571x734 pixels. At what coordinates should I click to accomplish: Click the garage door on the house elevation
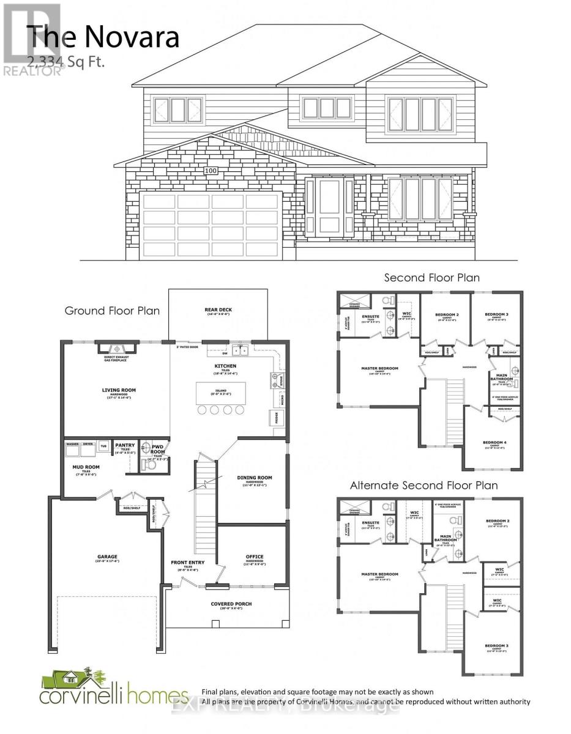click(211, 223)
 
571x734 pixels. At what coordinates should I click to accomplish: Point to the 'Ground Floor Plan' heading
click(112, 311)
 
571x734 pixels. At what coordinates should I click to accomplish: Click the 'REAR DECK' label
click(218, 310)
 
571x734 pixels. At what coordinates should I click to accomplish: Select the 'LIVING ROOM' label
click(119, 390)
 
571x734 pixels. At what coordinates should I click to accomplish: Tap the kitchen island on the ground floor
click(221, 393)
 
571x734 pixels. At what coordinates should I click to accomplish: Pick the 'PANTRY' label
click(125, 445)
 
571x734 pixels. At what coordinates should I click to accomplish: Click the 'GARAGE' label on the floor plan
click(106, 557)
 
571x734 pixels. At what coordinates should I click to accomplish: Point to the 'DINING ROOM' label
click(255, 478)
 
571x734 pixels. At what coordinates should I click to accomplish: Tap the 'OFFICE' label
click(255, 557)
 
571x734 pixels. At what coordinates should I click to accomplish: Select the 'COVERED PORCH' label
click(232, 604)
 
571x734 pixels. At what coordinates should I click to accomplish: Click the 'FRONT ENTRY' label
click(188, 562)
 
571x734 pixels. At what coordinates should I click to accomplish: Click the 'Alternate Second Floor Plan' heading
click(424, 485)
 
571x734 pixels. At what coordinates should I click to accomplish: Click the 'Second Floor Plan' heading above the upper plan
click(431, 278)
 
